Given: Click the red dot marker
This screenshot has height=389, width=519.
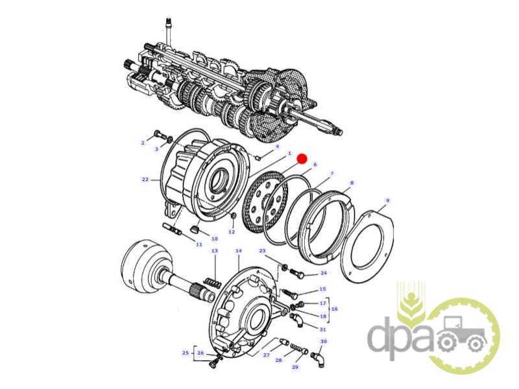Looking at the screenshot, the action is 302,159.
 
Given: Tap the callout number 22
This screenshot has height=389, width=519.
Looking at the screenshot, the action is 145,180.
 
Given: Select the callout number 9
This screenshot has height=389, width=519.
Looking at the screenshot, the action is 387,200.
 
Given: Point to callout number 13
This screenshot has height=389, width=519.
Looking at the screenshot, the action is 215,251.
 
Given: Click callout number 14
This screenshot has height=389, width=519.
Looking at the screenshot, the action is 239,251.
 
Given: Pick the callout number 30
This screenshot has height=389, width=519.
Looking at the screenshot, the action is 323,342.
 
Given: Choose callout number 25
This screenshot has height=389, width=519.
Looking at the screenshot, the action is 186,353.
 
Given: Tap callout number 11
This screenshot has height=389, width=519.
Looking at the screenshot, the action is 199,244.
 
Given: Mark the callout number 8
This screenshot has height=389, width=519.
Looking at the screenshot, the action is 352,183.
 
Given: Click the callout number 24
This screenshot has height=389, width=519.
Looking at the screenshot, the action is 323,273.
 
